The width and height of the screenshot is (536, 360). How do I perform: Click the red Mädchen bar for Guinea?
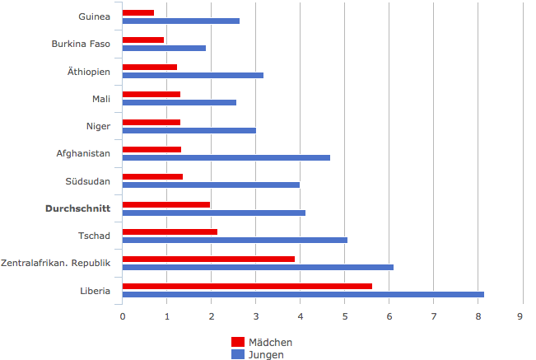pyautogui.click(x=138, y=12)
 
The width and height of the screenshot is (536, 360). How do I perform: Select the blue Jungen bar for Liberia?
pyautogui.click(x=303, y=294)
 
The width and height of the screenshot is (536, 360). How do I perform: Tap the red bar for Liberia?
pyautogui.click(x=247, y=286)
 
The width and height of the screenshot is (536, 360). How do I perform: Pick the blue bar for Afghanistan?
pyautogui.click(x=226, y=157)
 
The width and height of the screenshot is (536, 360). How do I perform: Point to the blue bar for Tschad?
pyautogui.click(x=235, y=240)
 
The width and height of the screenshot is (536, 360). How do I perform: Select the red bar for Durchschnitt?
pyautogui.click(x=166, y=204)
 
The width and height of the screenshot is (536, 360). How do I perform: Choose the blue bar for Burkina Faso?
pyautogui.click(x=164, y=48)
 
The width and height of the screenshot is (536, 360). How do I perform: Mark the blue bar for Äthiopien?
pyautogui.click(x=193, y=75)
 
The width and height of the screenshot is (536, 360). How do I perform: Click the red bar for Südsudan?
pyautogui.click(x=152, y=176)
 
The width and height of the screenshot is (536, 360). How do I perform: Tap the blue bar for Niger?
pyautogui.click(x=189, y=130)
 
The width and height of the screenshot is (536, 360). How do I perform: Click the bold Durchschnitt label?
pyautogui.click(x=77, y=208)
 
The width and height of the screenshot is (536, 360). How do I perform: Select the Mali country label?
pyautogui.click(x=101, y=99)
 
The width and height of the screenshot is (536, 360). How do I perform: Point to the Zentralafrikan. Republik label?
pyautogui.click(x=55, y=263)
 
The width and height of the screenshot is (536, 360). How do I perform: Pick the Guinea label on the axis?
pyautogui.click(x=94, y=16)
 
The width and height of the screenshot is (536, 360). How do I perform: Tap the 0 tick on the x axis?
pyautogui.click(x=123, y=316)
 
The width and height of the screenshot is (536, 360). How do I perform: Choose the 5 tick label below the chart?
pyautogui.click(x=344, y=316)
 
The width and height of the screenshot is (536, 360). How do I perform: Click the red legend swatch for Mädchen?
pyautogui.click(x=238, y=342)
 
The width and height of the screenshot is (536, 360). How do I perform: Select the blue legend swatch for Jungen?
pyautogui.click(x=238, y=354)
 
